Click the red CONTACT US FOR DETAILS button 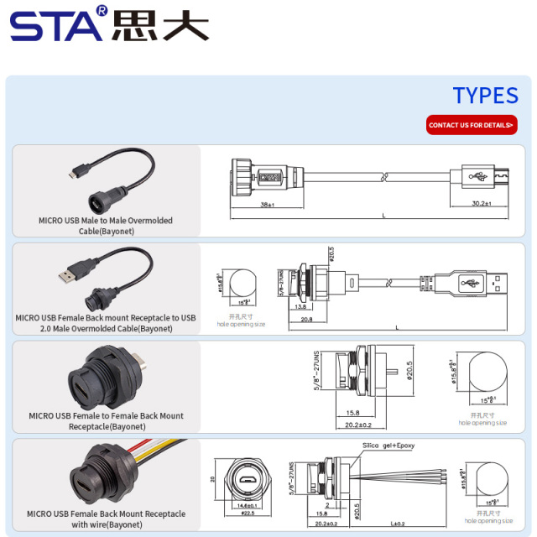471,125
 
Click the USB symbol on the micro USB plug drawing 481,177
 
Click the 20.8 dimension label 307,320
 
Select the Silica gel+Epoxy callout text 388,446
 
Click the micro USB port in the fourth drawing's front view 248,478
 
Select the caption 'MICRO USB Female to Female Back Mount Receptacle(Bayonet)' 106,420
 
